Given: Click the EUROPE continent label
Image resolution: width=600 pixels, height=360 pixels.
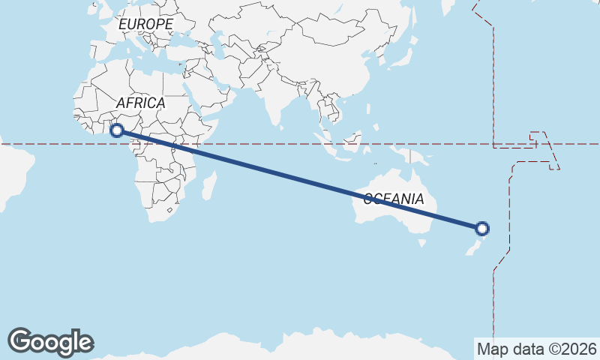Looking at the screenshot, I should coord(145,24).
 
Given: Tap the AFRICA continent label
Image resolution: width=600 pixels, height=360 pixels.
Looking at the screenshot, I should coord(140,103).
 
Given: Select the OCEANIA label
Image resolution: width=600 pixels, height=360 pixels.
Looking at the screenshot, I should coord(394,199).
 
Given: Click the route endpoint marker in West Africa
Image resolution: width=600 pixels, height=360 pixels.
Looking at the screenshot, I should coord(117,130).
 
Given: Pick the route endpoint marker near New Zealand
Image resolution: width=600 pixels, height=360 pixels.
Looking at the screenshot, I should coord(482,228).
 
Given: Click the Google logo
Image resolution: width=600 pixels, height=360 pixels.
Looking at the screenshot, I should coord(50,342).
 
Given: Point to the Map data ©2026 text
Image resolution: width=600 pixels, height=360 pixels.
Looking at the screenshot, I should coord(537,349).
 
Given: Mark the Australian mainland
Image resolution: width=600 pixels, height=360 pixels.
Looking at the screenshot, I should coord(390,214).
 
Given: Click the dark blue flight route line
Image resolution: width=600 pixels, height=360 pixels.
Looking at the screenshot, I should coord(300,179).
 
